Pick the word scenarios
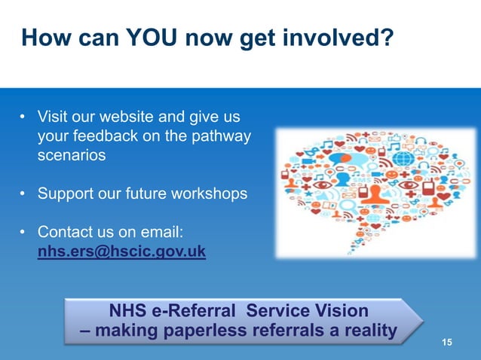tap(72, 157)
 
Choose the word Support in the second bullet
tap(67, 194)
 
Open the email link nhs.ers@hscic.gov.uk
tap(121, 251)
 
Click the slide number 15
tap(447, 343)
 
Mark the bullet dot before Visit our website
tap(23, 118)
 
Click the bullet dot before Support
tap(23, 194)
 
